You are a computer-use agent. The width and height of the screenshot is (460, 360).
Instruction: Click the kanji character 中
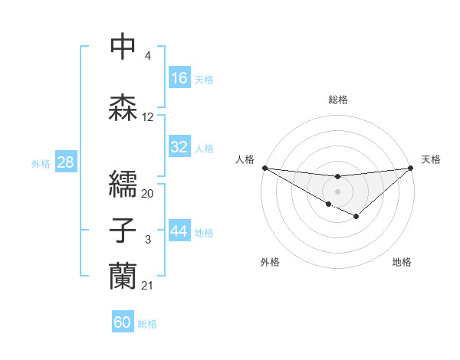123,47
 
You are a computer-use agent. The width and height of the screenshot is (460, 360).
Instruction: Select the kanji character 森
123,107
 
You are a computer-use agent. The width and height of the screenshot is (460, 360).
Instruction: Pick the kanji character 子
123,230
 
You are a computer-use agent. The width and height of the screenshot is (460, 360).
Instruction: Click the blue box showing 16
179,78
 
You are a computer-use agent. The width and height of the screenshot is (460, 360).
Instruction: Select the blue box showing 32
179,147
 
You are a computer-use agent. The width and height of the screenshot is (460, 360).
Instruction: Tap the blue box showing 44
179,231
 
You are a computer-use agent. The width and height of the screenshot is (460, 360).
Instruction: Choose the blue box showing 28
65,162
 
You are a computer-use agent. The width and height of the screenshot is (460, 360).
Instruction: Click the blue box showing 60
123,322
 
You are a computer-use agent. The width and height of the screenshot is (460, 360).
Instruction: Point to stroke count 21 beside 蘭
148,286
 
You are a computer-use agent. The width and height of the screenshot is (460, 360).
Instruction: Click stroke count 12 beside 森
148,117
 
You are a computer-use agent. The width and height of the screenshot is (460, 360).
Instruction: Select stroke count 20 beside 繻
148,193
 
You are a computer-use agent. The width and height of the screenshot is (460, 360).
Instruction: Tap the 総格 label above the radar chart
338,100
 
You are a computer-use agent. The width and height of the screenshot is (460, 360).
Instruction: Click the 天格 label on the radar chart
432,159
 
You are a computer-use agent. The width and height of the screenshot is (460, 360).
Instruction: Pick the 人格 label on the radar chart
245,159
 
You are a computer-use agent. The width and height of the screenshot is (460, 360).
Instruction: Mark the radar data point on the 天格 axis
411,168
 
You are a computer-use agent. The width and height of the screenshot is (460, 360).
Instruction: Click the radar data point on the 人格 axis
264,168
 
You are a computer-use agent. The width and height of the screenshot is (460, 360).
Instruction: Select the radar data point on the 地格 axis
356,218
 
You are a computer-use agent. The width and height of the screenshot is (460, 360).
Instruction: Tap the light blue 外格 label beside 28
41,163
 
